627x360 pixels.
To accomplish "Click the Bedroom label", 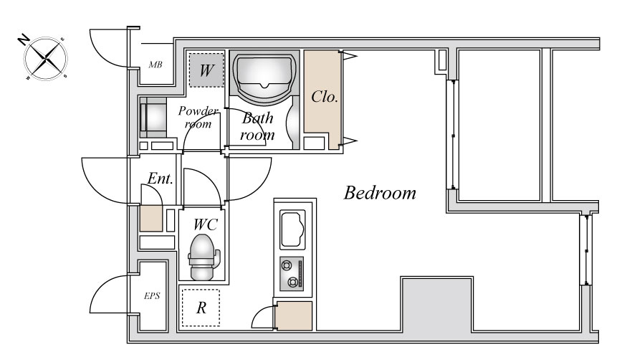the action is point(380,193).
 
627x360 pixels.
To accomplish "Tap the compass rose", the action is point(46,59).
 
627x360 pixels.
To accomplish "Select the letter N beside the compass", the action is point(24,39).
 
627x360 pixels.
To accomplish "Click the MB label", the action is point(155,65).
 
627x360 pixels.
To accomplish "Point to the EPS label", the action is point(152,296).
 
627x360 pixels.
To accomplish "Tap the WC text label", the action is point(206,224).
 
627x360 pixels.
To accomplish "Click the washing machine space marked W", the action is point(206,70).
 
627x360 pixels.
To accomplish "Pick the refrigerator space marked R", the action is point(201,308).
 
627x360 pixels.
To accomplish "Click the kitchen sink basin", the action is point(292,229).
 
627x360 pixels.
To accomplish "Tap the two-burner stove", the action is point(292,274).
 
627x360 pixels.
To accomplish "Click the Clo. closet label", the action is point(325,96).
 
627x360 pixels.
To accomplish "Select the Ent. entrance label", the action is point(161,179).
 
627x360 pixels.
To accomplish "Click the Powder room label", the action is point(198,117).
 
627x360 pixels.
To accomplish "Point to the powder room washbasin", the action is point(153,118).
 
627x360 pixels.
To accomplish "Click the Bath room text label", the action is point(257,126).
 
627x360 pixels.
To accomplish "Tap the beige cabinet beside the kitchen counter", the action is point(294,316).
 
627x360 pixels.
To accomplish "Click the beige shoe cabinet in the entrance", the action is point(150,219).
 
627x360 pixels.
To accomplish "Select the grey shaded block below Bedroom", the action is point(436,304).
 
